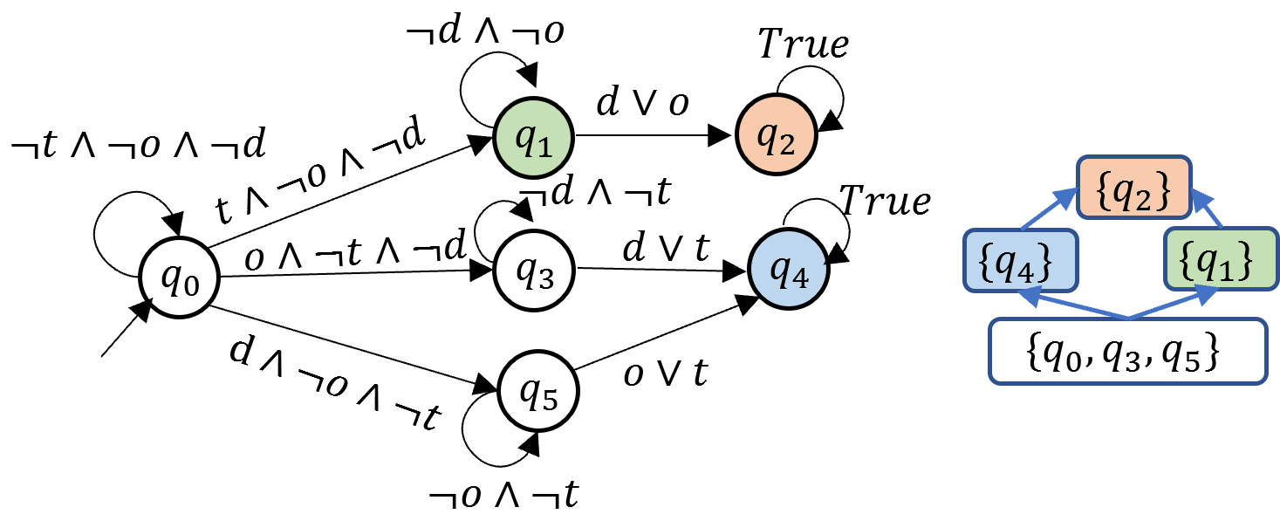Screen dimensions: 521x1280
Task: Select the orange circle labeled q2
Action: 776,134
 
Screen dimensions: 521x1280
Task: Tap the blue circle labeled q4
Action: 788,270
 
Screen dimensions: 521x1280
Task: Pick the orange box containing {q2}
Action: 1133,188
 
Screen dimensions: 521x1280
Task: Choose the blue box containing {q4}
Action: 1020,259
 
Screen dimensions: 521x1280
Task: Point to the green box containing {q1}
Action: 1220,259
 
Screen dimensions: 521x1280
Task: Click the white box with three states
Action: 1127,351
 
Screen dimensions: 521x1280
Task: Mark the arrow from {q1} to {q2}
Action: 1207,209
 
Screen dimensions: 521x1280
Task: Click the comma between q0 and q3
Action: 1091,360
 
